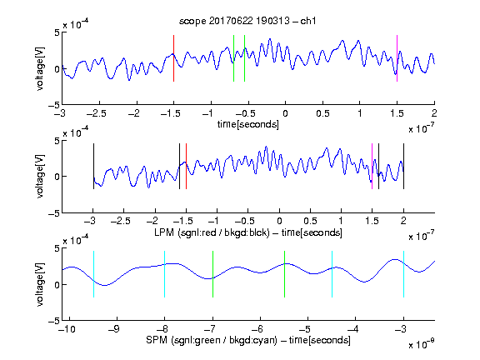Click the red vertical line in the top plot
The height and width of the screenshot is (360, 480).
point(173,58)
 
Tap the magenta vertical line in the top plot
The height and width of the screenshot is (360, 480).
point(397,58)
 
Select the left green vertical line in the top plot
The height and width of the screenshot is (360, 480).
point(233,58)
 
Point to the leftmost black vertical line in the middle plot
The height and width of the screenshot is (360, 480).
point(93,166)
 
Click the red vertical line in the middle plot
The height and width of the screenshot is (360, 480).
point(186,166)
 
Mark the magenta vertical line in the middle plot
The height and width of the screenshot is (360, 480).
point(372,166)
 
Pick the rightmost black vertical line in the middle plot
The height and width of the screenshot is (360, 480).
point(403,166)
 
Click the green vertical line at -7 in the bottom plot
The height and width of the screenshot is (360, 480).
point(212,274)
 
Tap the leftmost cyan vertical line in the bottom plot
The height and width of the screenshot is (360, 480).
point(93,274)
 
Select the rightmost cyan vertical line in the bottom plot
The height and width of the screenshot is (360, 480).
point(403,274)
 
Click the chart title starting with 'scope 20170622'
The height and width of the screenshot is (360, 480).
point(247,21)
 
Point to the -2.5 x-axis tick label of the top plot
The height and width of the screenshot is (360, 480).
point(97,113)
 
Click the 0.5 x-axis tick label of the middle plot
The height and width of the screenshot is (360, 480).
point(310,221)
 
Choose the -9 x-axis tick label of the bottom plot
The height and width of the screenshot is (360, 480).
point(114,329)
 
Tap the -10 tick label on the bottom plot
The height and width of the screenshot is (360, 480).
point(67,329)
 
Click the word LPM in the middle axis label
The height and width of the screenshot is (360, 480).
point(164,232)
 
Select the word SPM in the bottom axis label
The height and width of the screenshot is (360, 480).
point(157,340)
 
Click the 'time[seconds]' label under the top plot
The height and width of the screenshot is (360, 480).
point(248,124)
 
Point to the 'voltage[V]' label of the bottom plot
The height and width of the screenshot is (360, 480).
point(40,285)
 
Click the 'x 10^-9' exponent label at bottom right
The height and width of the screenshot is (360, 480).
point(421,343)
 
